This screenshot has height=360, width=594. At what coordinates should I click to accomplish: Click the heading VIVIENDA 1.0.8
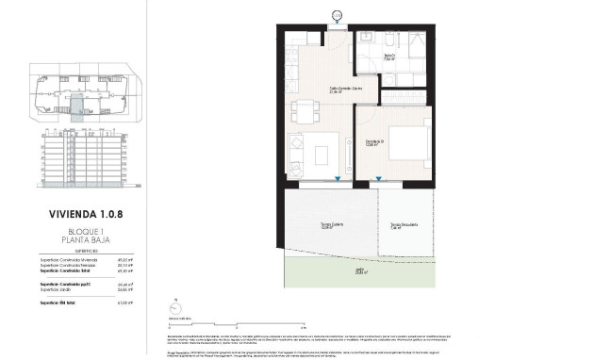83,213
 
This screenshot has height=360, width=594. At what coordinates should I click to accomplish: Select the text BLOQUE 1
83,230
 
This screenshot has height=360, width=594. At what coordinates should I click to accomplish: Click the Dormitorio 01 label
375,142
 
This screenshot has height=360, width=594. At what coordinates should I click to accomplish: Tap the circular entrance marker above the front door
338,12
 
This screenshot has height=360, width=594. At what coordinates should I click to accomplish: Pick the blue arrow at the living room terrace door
337,179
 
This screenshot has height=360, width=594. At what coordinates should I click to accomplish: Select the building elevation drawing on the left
83,155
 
